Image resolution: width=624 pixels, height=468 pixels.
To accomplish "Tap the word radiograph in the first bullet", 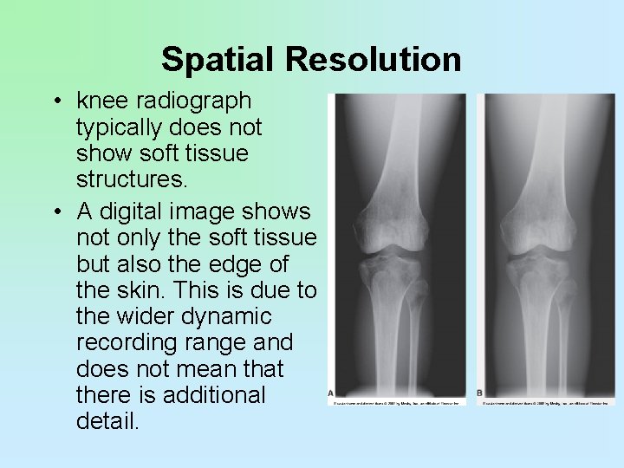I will (199, 102).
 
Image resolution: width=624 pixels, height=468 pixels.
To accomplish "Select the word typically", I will (121, 128).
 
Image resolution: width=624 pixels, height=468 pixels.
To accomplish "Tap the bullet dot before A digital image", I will (55, 211).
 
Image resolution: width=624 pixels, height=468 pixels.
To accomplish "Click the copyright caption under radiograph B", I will (545, 403).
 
